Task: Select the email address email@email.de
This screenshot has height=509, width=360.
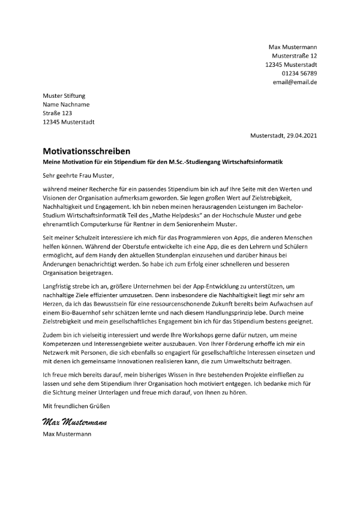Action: click(x=295, y=82)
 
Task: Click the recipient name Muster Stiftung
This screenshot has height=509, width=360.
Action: click(x=64, y=96)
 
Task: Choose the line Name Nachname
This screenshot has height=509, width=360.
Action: click(x=66, y=104)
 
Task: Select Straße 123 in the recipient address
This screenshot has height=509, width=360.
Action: click(x=57, y=113)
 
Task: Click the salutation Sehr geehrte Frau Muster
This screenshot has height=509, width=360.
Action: click(x=77, y=176)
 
